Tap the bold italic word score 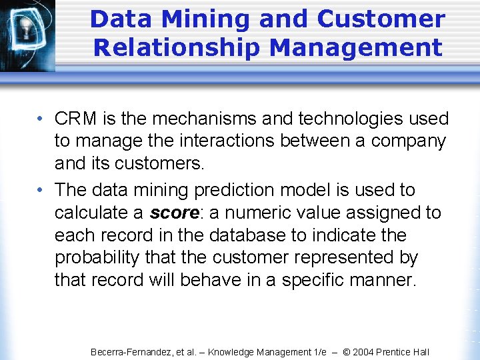click(x=175, y=213)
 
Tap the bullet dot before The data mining click(x=41, y=191)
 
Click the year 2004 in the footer click(x=364, y=352)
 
